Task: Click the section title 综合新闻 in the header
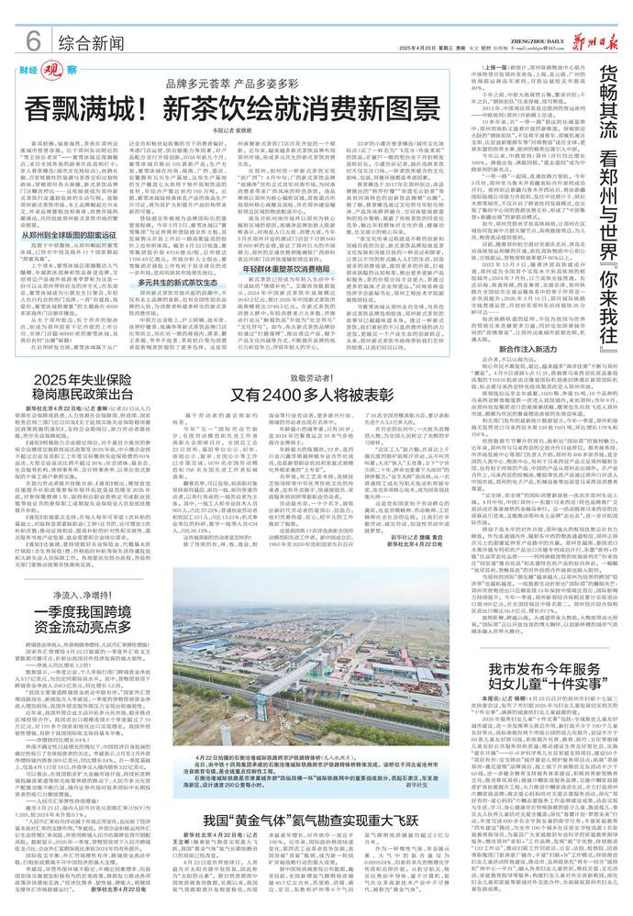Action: [x=90, y=43]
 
